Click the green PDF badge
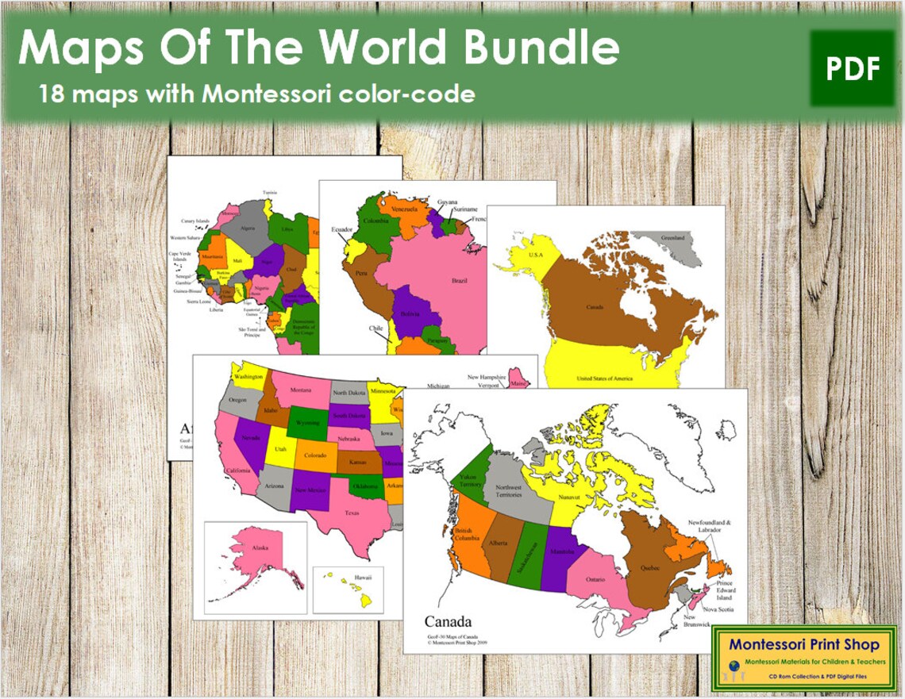853,68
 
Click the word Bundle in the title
541,49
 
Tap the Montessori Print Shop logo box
803,656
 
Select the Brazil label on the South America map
459,281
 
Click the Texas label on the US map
352,513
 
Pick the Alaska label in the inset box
261,547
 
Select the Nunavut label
568,497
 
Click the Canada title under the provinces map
448,621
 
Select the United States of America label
605,378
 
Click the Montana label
301,390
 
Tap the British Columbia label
465,535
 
